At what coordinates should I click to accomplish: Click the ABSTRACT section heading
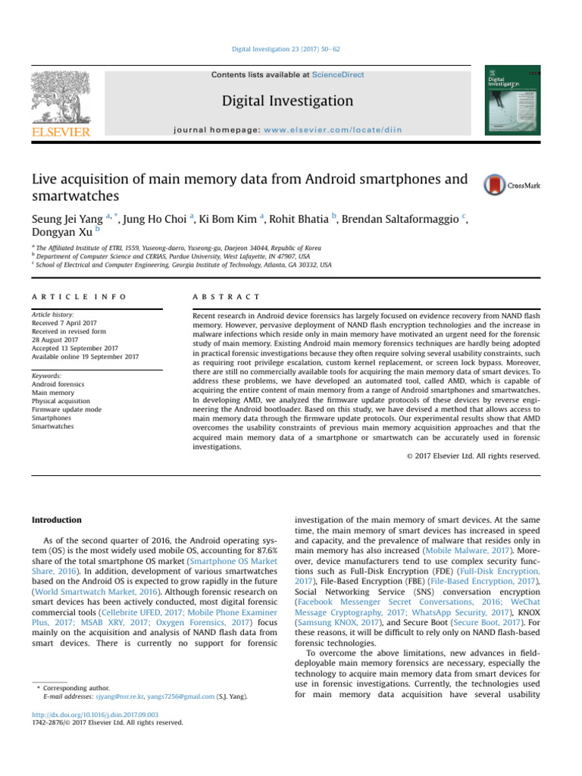point(227,296)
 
